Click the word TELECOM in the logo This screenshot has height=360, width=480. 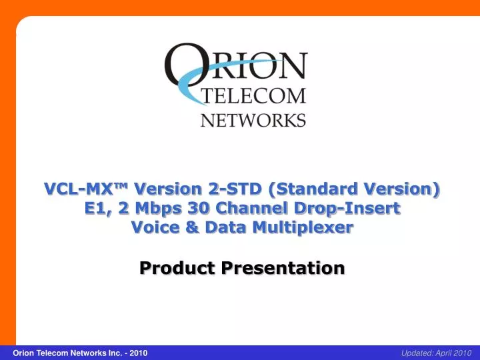tap(253, 96)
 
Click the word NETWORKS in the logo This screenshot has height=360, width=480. tap(253, 120)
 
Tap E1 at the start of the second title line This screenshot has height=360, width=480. tap(96, 208)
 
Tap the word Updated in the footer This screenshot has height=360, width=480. tap(415, 352)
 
